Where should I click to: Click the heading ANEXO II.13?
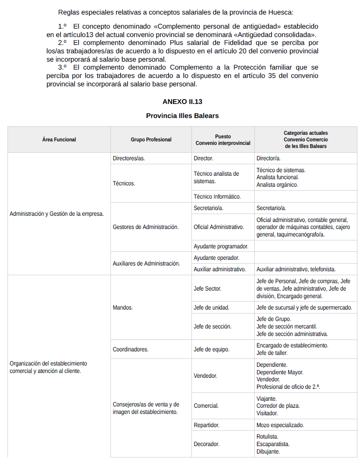click(x=182, y=101)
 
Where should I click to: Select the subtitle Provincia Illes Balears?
click(x=182, y=115)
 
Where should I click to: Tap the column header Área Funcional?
click(x=59, y=140)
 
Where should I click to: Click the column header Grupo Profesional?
click(x=151, y=140)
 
